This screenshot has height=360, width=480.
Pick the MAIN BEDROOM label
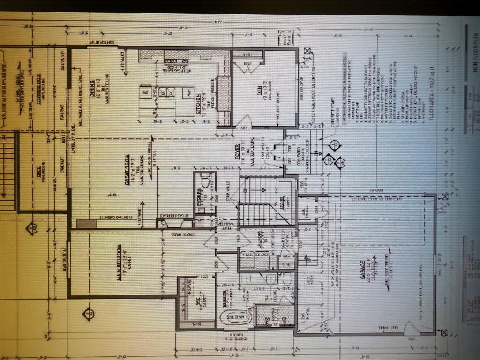click(x=119, y=262)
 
